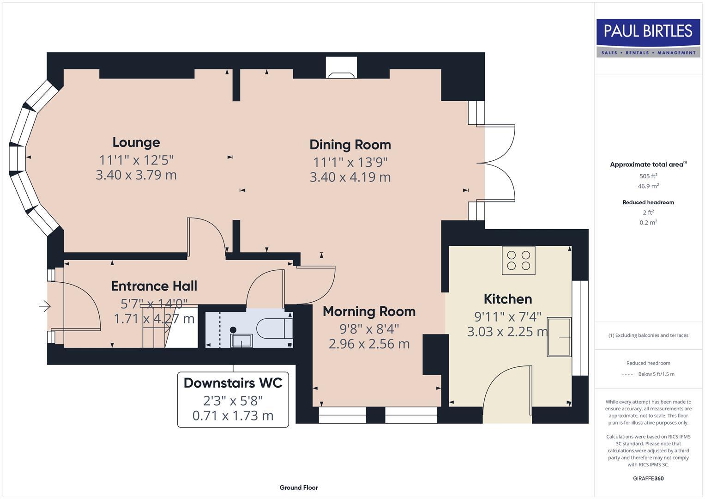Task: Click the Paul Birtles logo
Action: tap(648, 38)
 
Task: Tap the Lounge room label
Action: tap(136, 142)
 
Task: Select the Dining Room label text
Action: tap(350, 145)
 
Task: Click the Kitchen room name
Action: tap(508, 299)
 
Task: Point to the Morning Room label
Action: tap(369, 311)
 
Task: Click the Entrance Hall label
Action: tap(154, 286)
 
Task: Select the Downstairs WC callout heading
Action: tap(233, 383)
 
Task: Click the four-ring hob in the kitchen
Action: tap(518, 261)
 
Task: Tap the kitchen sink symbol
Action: tap(559, 337)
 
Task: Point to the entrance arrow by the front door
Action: tap(45, 305)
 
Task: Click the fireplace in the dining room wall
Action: tap(342, 67)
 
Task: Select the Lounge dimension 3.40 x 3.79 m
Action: tap(136, 175)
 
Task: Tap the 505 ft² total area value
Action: tap(648, 176)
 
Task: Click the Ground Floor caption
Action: tap(299, 487)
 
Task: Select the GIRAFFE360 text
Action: tap(648, 479)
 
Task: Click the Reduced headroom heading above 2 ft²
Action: tap(648, 202)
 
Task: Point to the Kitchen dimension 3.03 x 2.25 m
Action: tap(508, 331)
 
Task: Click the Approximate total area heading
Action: tap(648, 164)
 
